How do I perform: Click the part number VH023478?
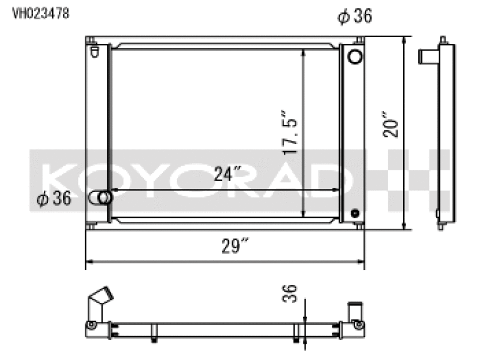pos(41,13)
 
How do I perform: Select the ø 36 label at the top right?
pos(355,16)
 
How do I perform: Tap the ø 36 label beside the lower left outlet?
pos(54,199)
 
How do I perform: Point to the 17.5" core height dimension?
pos(289,132)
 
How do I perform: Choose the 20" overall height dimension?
pos(391,125)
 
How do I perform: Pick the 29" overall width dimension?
pos(235,245)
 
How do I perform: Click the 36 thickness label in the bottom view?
pos(290,293)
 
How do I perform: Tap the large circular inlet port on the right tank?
pos(355,56)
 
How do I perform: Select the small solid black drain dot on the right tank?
pos(355,213)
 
